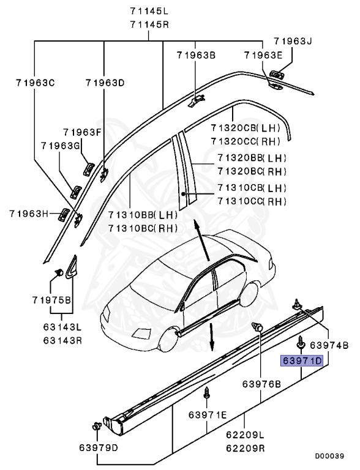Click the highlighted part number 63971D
click(x=302, y=360)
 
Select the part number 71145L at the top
click(x=149, y=12)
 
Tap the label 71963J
click(x=293, y=42)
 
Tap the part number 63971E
click(x=208, y=415)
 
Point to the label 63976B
click(x=261, y=384)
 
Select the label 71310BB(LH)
click(x=143, y=215)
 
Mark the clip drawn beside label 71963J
click(x=277, y=74)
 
